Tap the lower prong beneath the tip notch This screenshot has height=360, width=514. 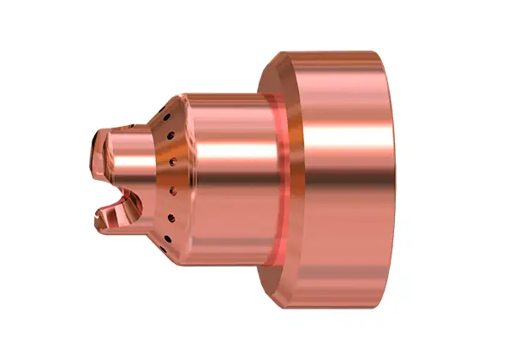(106, 220)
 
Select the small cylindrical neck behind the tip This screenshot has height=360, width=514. (128, 163)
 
